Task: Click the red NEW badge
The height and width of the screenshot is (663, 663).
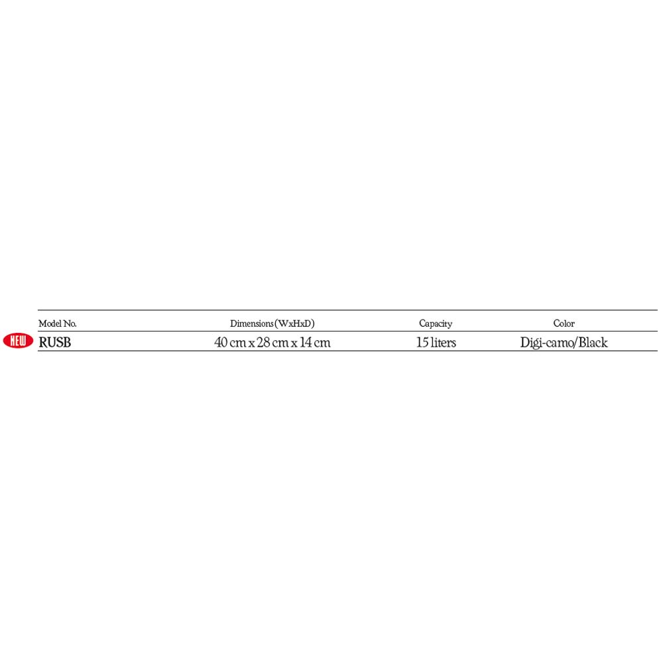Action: (x=18, y=341)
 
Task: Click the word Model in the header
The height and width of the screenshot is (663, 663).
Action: (x=50, y=324)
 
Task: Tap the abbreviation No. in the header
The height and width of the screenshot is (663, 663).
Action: (x=70, y=324)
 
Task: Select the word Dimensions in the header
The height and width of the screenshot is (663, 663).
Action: (x=251, y=324)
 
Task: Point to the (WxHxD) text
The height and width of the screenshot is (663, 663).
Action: (x=295, y=324)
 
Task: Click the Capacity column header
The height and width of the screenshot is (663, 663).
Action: (x=436, y=324)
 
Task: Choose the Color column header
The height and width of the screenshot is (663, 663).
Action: (x=564, y=324)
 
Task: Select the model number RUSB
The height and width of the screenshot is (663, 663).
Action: (x=55, y=343)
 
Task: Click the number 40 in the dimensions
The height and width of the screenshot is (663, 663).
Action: (x=221, y=342)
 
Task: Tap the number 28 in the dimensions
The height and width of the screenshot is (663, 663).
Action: (x=263, y=342)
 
